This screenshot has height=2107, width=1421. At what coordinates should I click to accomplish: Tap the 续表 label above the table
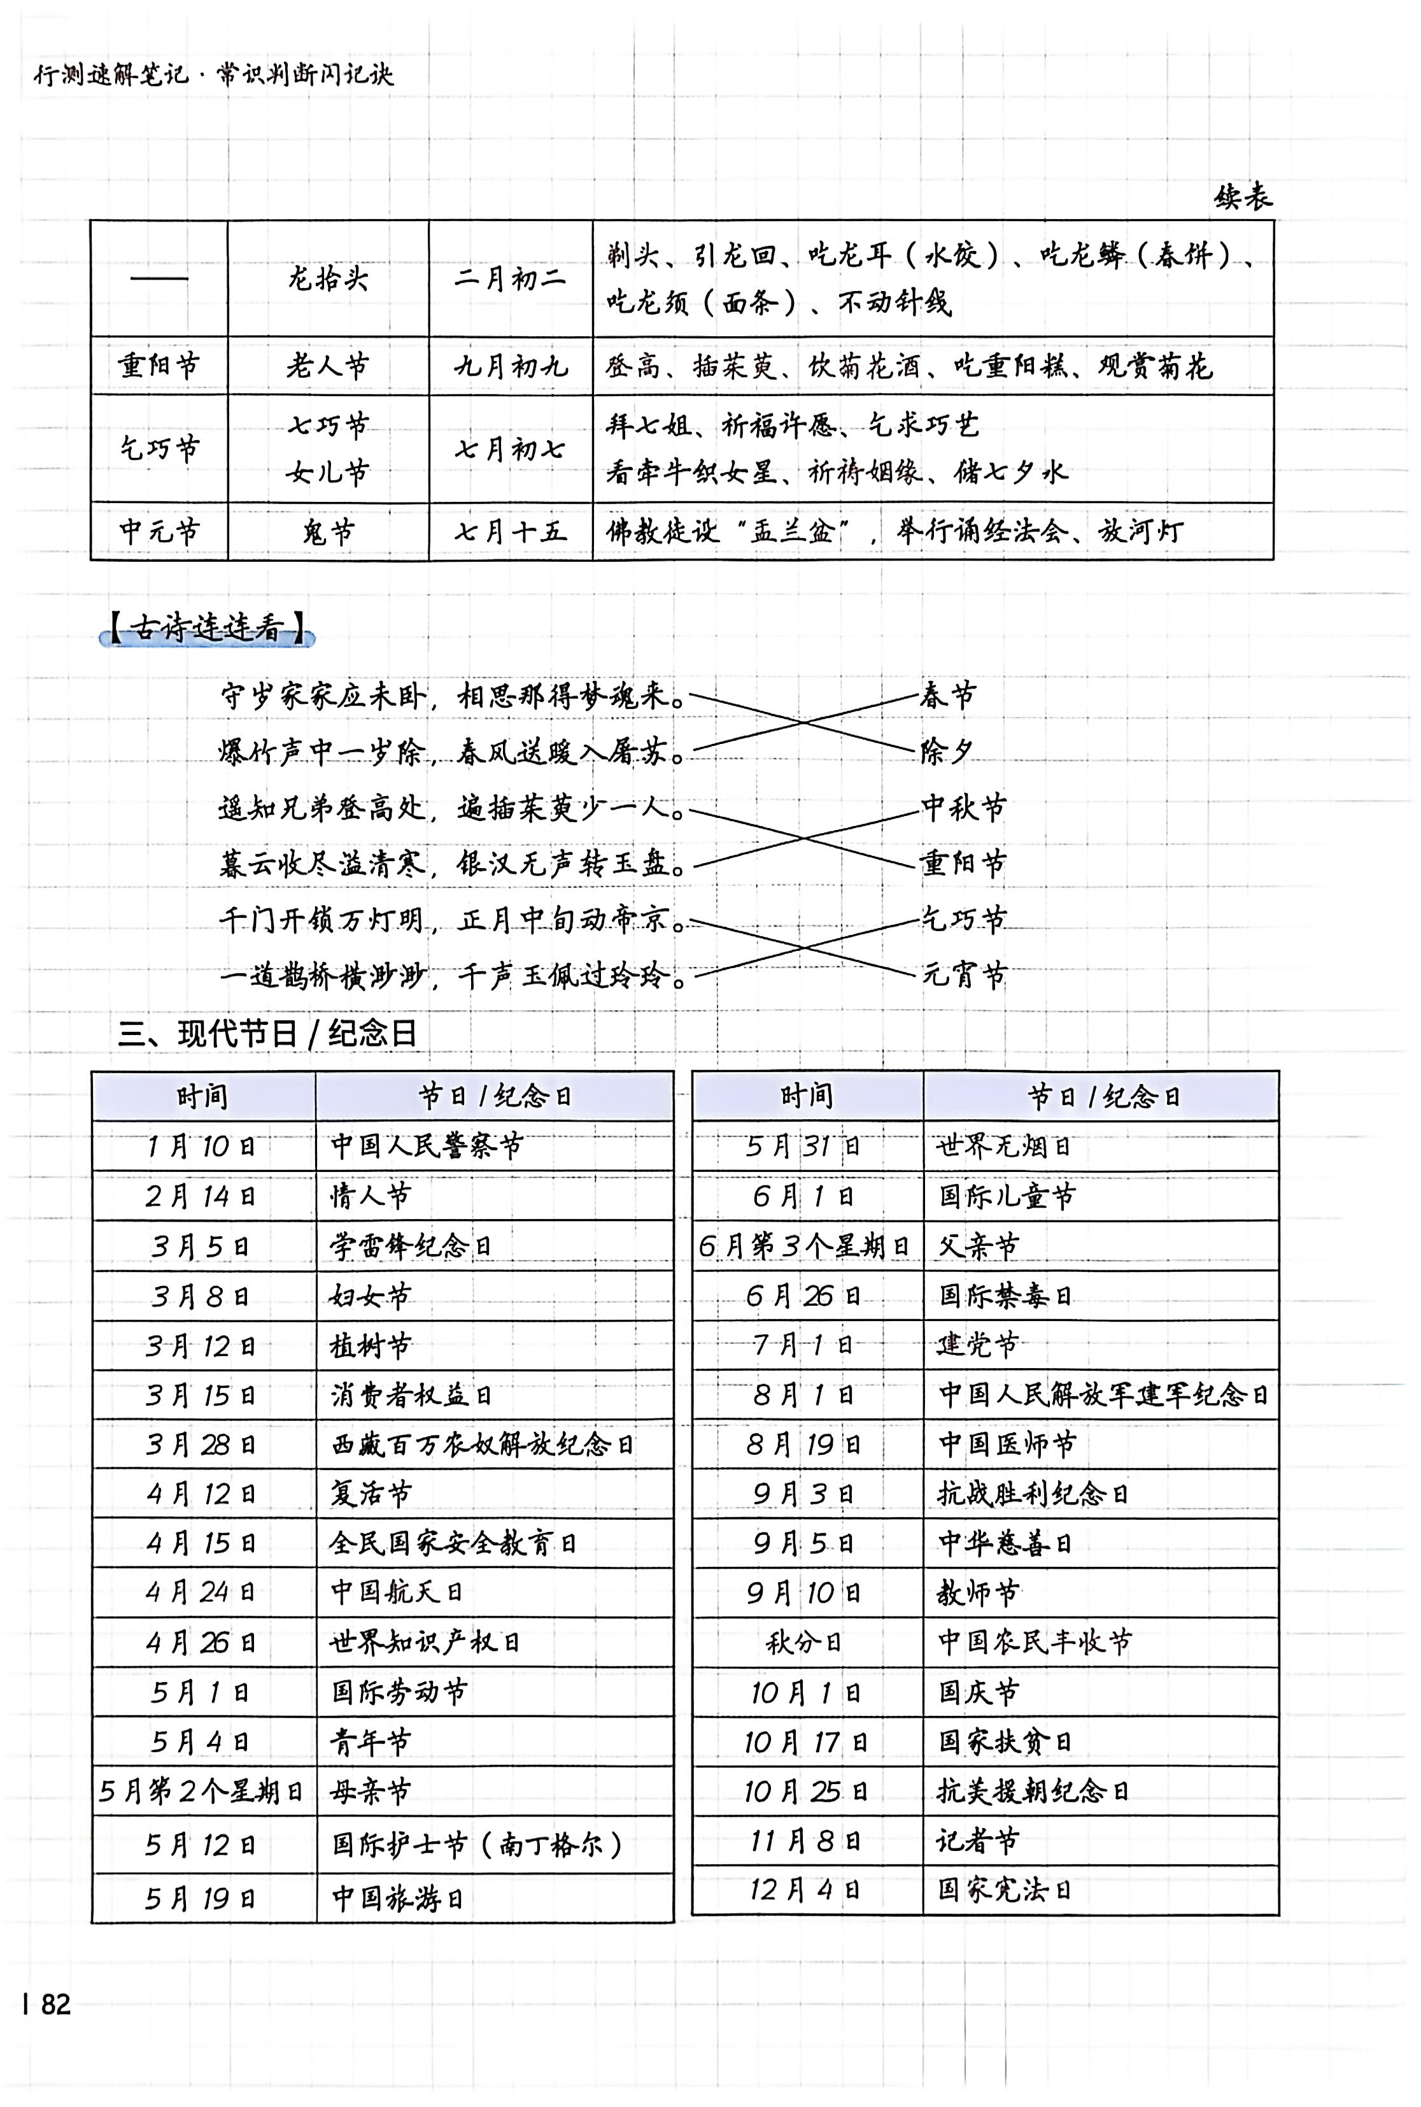point(1243,197)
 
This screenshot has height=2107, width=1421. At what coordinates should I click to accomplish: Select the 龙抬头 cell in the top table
point(328,278)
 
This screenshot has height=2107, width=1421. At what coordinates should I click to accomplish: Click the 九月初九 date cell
point(510,366)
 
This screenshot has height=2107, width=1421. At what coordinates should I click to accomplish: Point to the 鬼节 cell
point(328,531)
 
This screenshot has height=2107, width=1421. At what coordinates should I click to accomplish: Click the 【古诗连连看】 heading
point(208,628)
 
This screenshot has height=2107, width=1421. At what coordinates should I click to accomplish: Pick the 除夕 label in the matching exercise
point(947,752)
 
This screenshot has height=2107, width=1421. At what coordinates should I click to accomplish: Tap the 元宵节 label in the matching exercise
point(965,976)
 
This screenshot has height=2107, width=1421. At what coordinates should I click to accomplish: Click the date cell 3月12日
point(201,1345)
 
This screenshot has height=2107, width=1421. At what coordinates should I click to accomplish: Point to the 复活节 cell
point(371,1493)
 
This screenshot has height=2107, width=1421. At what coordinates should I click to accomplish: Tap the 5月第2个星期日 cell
point(201,1790)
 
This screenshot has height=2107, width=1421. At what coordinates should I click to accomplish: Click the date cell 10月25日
point(805,1790)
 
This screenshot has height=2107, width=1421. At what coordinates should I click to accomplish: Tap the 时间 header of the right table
point(805,1096)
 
